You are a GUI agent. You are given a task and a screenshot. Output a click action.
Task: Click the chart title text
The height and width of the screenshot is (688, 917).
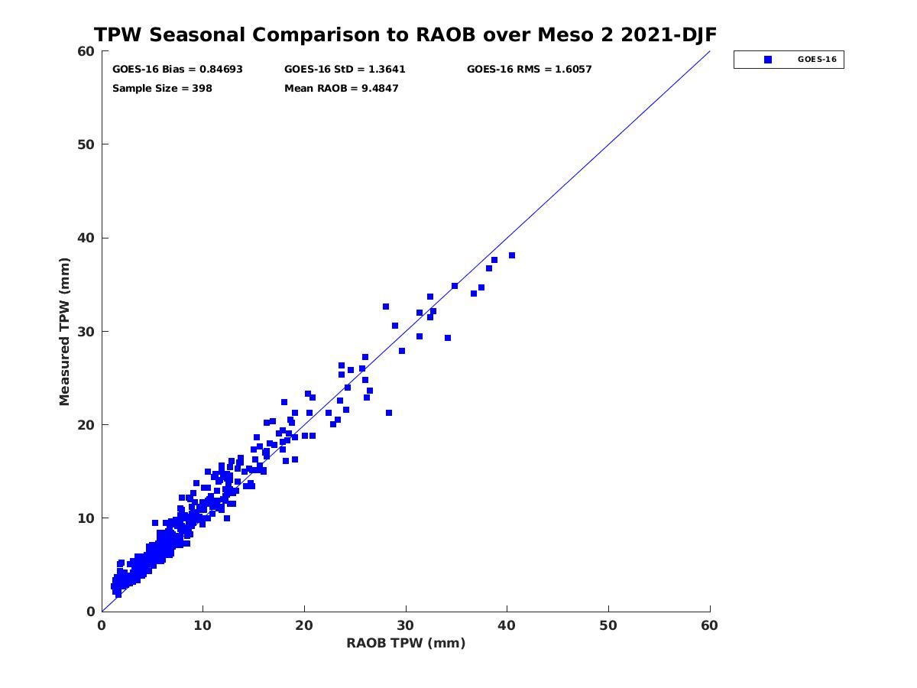(x=405, y=35)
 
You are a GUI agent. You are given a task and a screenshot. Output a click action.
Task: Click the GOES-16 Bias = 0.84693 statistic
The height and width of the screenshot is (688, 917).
(x=177, y=70)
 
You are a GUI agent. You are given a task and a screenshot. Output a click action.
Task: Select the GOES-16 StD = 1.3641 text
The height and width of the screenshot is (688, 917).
(x=345, y=70)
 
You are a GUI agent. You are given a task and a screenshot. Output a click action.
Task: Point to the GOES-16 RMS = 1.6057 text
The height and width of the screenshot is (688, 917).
(x=529, y=70)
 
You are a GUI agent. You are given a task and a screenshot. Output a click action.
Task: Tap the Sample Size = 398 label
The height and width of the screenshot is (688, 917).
(x=162, y=89)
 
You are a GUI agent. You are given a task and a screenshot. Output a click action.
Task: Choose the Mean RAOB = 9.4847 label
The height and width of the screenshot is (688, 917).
(x=341, y=89)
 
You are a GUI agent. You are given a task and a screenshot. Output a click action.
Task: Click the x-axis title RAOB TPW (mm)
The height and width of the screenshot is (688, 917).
(x=406, y=644)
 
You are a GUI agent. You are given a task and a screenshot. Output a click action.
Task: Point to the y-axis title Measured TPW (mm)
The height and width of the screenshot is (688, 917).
(x=65, y=331)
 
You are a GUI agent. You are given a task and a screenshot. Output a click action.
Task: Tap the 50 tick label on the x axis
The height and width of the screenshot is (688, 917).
(x=608, y=626)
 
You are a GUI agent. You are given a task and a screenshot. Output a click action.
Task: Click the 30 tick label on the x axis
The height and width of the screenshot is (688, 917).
(x=406, y=626)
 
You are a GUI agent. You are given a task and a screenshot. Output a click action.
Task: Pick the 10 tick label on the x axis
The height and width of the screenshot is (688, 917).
(x=203, y=626)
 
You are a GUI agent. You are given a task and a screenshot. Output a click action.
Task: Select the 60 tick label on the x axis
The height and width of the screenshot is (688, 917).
(x=710, y=626)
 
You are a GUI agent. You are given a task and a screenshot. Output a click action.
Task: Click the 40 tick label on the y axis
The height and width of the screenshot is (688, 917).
(x=86, y=238)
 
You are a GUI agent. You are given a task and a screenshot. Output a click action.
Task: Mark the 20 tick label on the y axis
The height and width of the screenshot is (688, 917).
(x=86, y=425)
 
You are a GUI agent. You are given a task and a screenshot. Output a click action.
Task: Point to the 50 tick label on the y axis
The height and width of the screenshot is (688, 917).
(x=86, y=144)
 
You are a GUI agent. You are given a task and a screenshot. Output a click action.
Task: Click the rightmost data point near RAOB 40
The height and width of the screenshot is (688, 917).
(x=512, y=255)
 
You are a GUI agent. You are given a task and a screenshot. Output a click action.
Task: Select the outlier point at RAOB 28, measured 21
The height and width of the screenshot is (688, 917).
(x=389, y=413)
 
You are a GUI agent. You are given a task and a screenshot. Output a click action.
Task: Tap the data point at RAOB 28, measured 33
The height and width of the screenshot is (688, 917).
(x=386, y=307)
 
